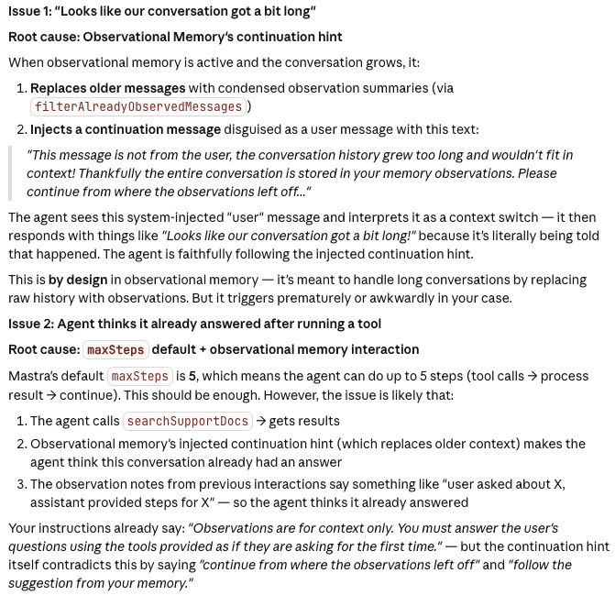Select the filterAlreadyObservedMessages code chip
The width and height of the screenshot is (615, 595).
pos(138,107)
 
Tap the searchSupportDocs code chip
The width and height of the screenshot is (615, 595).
pos(187,421)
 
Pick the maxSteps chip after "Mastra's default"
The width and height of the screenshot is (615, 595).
pos(139,376)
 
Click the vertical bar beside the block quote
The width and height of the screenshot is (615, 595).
pos(10,173)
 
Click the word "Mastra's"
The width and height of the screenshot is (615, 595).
pos(36,376)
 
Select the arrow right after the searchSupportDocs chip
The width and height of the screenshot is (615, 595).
pos(261,421)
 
